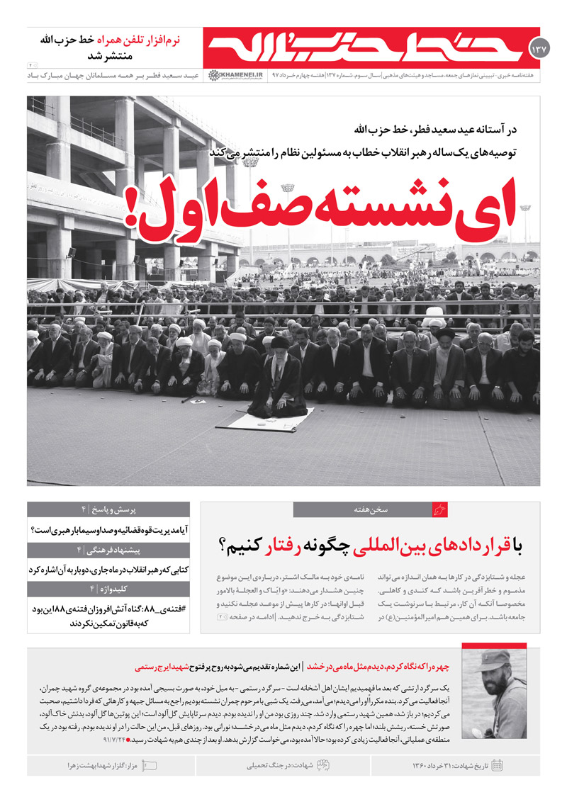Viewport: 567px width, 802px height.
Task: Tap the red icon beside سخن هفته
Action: click(440, 509)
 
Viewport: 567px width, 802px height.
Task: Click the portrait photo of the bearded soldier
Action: click(504, 691)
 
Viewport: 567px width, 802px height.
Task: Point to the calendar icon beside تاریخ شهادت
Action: click(498, 765)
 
